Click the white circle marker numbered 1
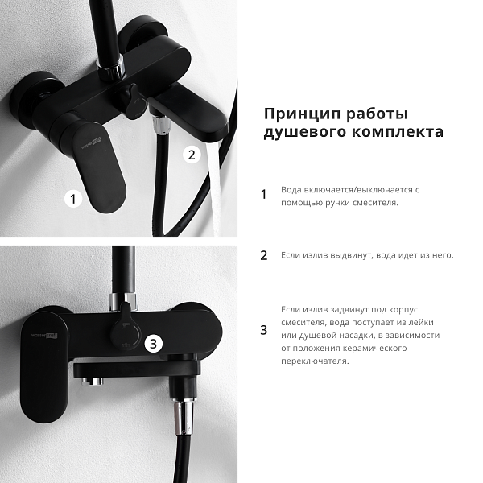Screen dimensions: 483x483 (73, 199)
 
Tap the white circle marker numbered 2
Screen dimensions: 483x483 (192, 155)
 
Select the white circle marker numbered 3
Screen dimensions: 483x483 (154, 344)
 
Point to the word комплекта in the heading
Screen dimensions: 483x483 (398, 132)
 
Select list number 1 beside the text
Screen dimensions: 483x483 (263, 195)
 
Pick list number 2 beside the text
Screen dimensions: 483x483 (264, 256)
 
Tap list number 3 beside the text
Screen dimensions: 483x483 (264, 330)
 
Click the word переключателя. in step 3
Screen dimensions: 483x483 (315, 361)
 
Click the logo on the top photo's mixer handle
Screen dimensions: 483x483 (91, 144)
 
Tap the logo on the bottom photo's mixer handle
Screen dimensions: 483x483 (44, 335)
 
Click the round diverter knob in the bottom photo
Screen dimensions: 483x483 (126, 330)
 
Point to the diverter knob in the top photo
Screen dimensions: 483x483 (133, 101)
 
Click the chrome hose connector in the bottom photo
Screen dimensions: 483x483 (183, 416)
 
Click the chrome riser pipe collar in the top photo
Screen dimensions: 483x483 (111, 68)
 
